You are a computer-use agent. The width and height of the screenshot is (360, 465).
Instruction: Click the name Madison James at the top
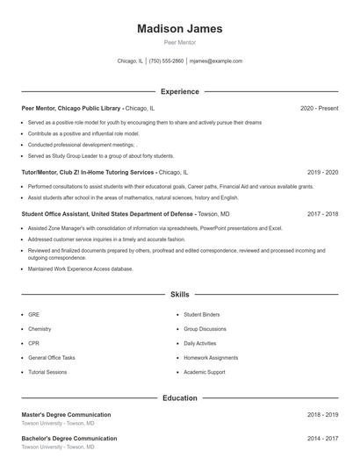(179, 29)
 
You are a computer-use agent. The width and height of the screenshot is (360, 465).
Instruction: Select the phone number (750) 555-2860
(166, 61)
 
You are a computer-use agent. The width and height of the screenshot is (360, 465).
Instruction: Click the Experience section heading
(180, 91)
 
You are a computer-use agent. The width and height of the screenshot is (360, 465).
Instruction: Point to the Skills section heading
(180, 295)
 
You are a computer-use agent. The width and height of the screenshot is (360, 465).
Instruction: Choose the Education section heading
(180, 397)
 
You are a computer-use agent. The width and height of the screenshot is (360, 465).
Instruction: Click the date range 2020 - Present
(319, 108)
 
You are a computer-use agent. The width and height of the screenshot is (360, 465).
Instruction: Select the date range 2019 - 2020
(322, 173)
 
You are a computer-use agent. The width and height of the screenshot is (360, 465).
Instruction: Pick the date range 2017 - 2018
(322, 213)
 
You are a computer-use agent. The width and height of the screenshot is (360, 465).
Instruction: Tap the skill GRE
(33, 313)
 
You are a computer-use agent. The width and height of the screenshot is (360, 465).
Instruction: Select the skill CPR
(33, 343)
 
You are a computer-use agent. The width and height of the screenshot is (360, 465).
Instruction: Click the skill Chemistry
(40, 328)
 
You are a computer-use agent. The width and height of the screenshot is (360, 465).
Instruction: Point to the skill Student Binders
(202, 313)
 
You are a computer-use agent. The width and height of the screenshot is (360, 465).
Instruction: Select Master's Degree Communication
(66, 414)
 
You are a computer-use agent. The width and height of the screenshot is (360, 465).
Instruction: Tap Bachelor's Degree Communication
(68, 438)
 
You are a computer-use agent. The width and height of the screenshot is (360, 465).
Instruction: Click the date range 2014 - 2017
(322, 438)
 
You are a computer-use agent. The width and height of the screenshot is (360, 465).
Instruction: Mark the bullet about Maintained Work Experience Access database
(80, 269)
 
